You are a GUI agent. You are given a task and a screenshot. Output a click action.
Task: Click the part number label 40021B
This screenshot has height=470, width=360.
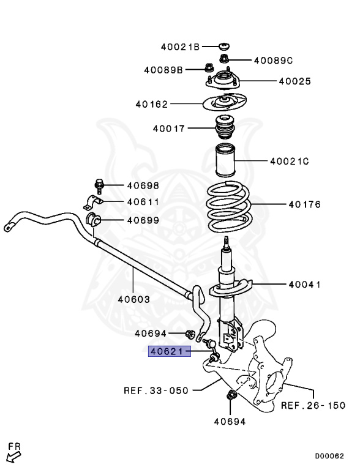tap(181, 47)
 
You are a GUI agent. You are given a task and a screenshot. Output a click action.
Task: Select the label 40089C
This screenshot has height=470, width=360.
tap(273, 60)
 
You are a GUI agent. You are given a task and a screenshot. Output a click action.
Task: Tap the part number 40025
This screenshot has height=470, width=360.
tap(294, 81)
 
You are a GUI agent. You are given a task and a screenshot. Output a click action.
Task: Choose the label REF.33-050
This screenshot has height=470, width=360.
tap(156, 390)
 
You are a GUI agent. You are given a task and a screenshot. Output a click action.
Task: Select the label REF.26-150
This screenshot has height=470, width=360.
tap(313, 405)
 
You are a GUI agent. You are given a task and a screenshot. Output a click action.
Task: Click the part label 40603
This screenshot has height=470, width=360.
tap(133, 299)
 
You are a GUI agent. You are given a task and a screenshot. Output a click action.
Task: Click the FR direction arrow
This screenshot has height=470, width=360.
tap(13, 453)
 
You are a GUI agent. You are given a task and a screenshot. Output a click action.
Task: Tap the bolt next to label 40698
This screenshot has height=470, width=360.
tap(100, 185)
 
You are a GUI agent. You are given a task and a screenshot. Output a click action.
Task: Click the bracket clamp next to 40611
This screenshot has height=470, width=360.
tap(92, 202)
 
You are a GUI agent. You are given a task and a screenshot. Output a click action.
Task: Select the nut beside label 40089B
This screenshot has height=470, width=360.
tap(209, 69)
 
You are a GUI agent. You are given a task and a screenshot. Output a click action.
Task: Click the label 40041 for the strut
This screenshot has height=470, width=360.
tap(305, 285)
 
